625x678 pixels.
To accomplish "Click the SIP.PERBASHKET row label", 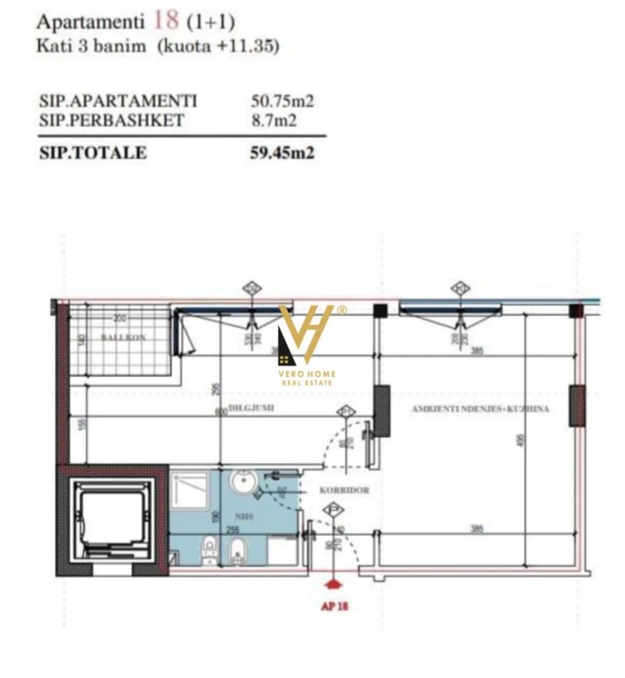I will click(111, 120).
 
